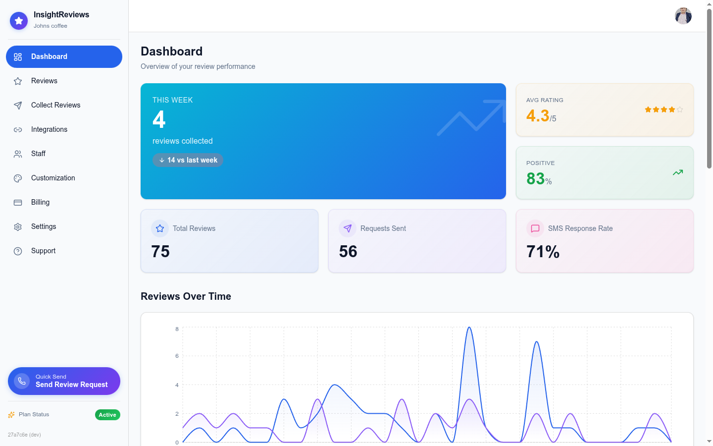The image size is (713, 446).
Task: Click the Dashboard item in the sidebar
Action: [64, 56]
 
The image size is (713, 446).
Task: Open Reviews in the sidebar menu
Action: [44, 81]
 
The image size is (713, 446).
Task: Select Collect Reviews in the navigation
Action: [55, 105]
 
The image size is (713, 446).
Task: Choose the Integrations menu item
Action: [49, 129]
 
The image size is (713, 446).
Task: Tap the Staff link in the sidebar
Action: [38, 154]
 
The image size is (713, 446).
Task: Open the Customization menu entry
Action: [53, 178]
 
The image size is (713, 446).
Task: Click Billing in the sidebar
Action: [40, 202]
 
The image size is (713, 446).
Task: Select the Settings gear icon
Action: [18, 227]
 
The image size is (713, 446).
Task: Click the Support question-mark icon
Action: [18, 251]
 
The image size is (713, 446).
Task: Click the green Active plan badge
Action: [107, 415]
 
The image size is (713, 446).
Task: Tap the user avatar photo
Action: [683, 16]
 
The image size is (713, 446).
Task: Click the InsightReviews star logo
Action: [19, 21]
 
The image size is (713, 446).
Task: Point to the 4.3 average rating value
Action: [538, 116]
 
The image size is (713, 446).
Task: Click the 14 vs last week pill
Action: [188, 160]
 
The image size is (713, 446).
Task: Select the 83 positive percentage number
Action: [535, 178]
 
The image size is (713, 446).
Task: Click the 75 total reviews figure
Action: [160, 252]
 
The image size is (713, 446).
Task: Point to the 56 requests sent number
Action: [348, 252]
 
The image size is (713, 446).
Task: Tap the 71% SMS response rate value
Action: [543, 252]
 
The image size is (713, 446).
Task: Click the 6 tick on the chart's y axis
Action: [177, 356]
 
